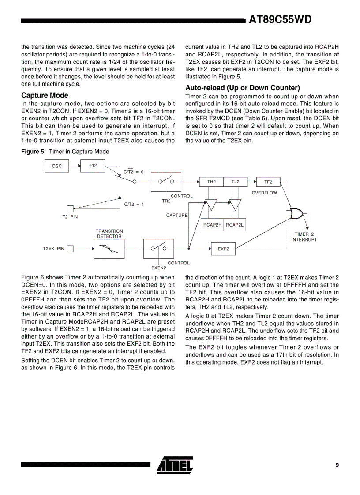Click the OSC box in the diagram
click(x=57, y=166)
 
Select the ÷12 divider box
click(x=93, y=166)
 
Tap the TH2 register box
click(x=211, y=182)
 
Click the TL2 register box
click(x=235, y=182)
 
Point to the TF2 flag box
click(x=268, y=182)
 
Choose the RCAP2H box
click(x=212, y=225)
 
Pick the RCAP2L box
click(x=235, y=225)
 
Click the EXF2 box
click(x=223, y=249)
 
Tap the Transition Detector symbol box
click(x=109, y=249)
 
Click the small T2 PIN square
click(x=70, y=208)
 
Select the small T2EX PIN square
click(x=70, y=249)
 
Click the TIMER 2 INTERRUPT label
click(x=304, y=237)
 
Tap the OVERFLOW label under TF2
click(x=264, y=193)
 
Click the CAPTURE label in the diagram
click(x=177, y=215)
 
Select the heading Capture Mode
click(x=45, y=95)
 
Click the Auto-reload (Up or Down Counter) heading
click(x=242, y=88)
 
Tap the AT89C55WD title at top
click(x=280, y=20)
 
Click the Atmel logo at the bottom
click(x=175, y=465)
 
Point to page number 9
click(x=337, y=465)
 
